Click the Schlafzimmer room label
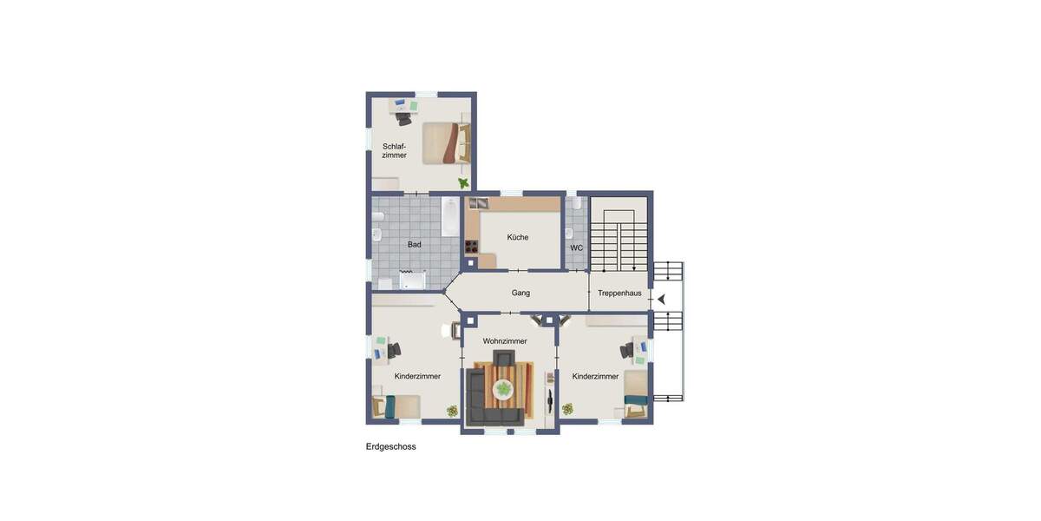394,150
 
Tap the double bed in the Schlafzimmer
445,143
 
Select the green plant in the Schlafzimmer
464,183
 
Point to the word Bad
415,245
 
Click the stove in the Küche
472,246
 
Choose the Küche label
518,237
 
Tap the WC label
576,248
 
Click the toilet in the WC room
570,233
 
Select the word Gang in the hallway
520,293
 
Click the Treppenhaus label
619,293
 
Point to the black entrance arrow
661,300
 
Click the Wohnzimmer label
505,341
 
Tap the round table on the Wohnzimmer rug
503,392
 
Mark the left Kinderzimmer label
417,376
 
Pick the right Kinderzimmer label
595,376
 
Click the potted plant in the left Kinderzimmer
452,412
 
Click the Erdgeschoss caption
391,447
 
